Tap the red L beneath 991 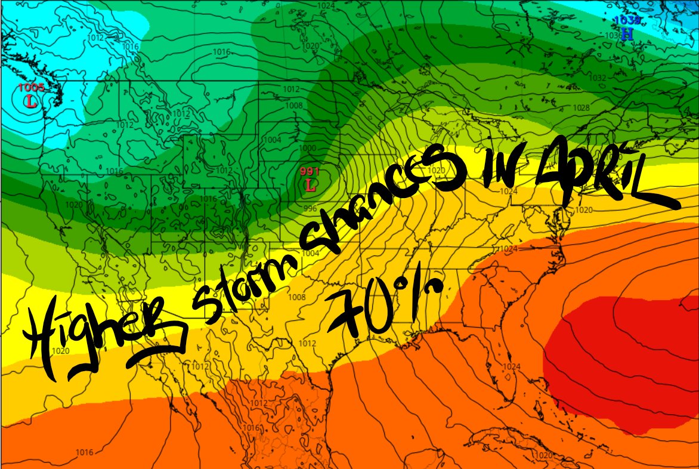point(310,185)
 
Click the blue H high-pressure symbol point(627,34)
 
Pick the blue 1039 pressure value point(629,21)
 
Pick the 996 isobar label point(310,209)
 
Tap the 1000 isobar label point(308,148)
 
